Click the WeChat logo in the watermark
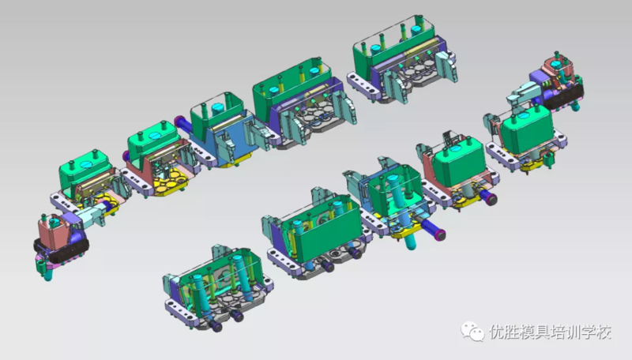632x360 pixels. tap(472, 331)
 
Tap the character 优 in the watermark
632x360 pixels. tap(497, 332)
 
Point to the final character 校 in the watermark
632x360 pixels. tap(604, 332)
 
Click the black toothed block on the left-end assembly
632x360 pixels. tap(61, 249)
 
